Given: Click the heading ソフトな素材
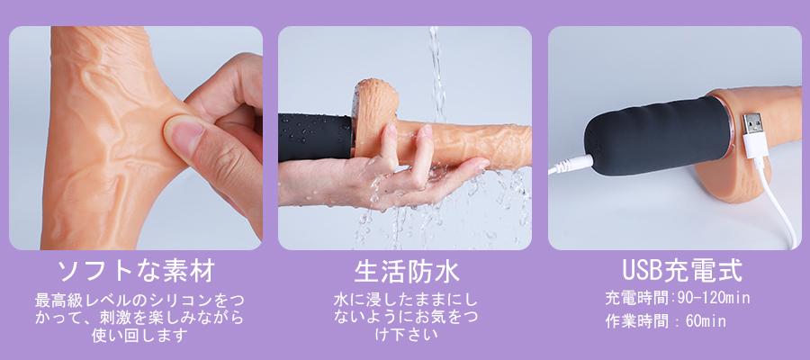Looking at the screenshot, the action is click(x=136, y=271).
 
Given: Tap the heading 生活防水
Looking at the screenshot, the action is click(x=407, y=271).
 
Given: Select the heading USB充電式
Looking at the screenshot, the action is click(x=682, y=271).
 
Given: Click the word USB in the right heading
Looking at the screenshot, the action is click(x=643, y=271).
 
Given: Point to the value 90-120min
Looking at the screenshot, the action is click(x=717, y=298).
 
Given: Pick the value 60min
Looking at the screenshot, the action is click(x=706, y=320).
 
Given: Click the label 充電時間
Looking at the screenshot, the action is click(x=636, y=298).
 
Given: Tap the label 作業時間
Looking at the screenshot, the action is click(x=636, y=320).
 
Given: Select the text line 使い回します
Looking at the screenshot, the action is click(x=139, y=336).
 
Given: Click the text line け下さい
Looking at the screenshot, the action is click(x=406, y=334).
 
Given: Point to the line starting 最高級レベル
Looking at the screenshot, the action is click(x=139, y=300).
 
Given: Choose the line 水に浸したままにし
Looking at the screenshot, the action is click(x=406, y=299).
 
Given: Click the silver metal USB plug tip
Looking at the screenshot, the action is click(x=751, y=123).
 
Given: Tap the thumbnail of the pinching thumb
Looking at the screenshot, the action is click(x=184, y=133).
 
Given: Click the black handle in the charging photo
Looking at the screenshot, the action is click(x=657, y=136).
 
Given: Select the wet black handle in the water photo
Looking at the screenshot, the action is click(x=316, y=137).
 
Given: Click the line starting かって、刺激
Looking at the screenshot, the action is click(x=139, y=318).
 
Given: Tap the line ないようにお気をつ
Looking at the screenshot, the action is click(x=406, y=317).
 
